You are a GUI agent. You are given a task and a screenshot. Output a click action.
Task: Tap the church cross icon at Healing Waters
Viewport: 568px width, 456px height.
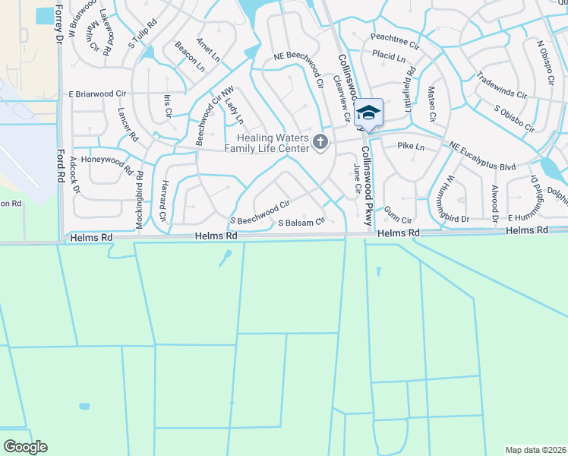coord(320,141)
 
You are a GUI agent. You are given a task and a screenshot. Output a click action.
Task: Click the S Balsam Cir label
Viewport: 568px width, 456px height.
coord(301,223)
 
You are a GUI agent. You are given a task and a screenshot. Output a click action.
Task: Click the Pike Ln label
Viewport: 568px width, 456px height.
coord(410,144)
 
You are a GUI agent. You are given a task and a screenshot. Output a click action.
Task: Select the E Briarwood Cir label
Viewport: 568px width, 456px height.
coord(96,94)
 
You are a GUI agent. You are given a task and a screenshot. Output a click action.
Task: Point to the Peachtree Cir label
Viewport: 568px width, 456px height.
coord(395,37)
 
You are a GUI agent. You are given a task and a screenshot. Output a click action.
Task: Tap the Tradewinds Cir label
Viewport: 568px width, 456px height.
coord(500,86)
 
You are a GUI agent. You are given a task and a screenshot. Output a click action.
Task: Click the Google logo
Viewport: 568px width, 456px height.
coord(25,447)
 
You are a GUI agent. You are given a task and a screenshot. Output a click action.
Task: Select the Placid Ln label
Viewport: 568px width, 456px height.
coord(388,55)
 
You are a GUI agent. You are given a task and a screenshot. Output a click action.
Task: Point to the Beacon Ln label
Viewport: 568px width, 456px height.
coord(190,56)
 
